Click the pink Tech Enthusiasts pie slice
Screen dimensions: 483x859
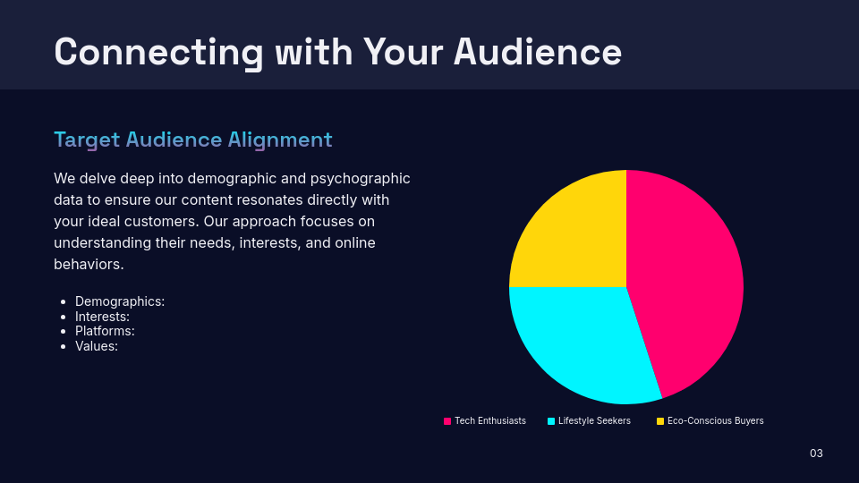pos(689,277)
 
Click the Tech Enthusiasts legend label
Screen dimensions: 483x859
pos(489,420)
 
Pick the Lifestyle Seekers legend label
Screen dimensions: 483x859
pos(594,420)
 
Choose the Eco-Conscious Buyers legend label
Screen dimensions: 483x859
pos(715,420)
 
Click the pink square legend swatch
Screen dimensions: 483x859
pos(447,420)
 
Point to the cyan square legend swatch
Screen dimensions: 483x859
pos(551,420)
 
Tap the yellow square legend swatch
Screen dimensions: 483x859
pos(660,420)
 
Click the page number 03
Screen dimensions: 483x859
pos(816,453)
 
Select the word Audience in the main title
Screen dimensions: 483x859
pos(537,51)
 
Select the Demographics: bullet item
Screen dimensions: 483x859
pos(120,301)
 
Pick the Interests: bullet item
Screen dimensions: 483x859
pos(102,317)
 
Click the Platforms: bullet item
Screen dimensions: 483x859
pos(105,331)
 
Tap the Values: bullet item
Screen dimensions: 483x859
pos(97,346)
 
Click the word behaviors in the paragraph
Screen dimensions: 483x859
pos(86,265)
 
